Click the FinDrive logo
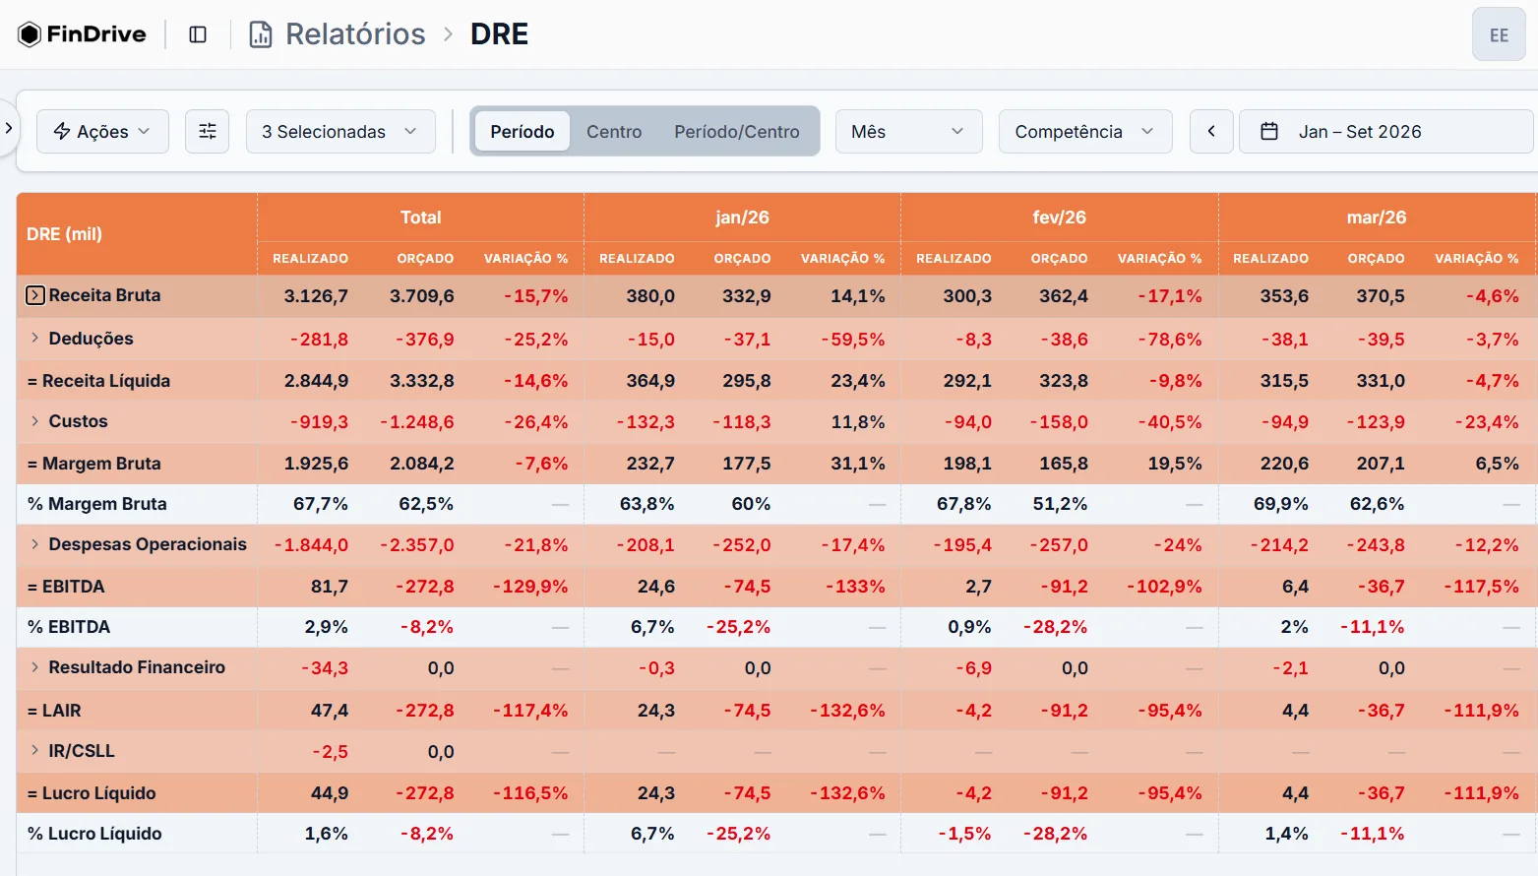82,33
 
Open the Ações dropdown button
102,131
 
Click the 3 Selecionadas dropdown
339,131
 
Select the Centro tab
614,131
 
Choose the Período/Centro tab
737,131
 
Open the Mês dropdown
908,131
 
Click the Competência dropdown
1084,131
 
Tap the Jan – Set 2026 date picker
1385,131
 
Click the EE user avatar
1499,35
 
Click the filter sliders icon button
207,131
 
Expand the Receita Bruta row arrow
35,295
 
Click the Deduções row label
91,339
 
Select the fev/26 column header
1059,218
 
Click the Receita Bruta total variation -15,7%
535,296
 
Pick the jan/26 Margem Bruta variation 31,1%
858,464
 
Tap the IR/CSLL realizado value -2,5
330,752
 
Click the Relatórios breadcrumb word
355,33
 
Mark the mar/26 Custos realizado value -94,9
1285,422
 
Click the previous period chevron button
1211,131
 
